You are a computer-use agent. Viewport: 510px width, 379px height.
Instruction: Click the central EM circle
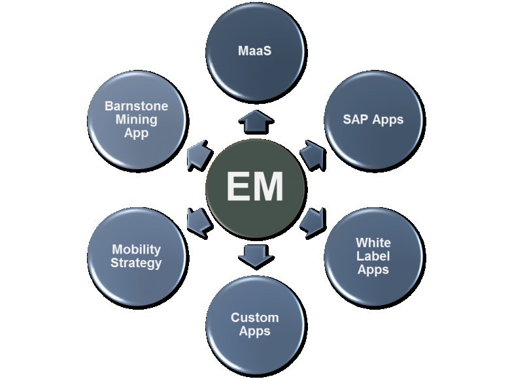pos(255,186)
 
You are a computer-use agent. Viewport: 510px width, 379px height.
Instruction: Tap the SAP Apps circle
pos(373,120)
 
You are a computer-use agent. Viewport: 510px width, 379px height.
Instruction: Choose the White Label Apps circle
pos(373,256)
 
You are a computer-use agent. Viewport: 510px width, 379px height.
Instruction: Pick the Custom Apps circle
pos(255,325)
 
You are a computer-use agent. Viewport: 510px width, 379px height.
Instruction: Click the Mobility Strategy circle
pos(137,256)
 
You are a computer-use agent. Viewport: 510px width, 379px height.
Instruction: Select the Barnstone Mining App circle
pos(137,120)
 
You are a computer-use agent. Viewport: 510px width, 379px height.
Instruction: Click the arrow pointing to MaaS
pos(255,122)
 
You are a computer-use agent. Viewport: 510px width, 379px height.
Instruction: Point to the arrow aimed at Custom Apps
pos(255,255)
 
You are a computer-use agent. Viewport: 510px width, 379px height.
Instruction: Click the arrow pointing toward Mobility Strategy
pos(198,219)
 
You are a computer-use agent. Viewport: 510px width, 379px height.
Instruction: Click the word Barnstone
pos(137,107)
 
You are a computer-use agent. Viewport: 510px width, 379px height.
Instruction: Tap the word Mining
pos(137,120)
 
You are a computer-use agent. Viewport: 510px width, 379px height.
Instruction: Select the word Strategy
pos(137,263)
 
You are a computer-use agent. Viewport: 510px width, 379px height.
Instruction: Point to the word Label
pos(373,256)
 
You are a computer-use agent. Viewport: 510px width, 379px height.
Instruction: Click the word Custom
pos(255,318)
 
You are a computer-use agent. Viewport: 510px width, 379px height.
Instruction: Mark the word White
pos(373,243)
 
